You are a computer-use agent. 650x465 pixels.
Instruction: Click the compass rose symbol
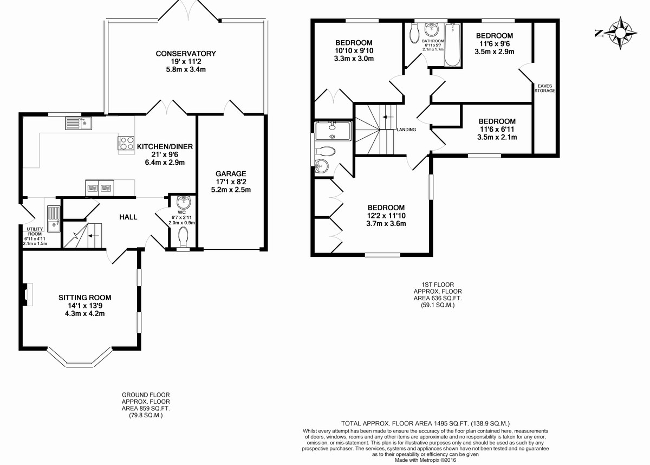click(620, 33)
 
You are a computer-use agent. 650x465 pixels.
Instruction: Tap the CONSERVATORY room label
click(186, 54)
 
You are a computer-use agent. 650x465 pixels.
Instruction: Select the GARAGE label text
click(231, 174)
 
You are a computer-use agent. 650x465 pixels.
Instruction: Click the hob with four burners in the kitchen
click(126, 143)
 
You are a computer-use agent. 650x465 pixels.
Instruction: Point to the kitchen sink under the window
click(79, 123)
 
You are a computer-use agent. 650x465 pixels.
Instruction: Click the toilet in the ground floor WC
click(183, 236)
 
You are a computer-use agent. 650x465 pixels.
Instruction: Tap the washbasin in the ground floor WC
click(183, 202)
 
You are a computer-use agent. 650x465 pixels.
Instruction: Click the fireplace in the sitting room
click(27, 295)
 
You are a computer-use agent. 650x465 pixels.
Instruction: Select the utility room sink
click(54, 219)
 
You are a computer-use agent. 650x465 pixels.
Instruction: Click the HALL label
click(128, 217)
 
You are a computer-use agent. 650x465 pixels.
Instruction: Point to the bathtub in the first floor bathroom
click(452, 45)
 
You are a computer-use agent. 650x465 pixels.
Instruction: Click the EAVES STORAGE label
click(545, 88)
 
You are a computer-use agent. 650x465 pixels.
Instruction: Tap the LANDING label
click(406, 130)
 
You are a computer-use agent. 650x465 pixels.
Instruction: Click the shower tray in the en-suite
click(333, 131)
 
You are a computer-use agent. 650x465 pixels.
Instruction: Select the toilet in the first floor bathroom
click(414, 34)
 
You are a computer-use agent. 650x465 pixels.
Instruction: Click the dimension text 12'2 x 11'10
click(386, 216)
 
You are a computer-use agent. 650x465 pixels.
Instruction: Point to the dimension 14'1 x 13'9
click(84, 306)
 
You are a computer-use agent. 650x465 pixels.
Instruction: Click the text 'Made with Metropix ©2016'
click(425, 460)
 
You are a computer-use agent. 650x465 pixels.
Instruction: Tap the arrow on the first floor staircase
click(388, 117)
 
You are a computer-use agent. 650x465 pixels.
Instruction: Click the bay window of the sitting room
click(80, 358)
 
